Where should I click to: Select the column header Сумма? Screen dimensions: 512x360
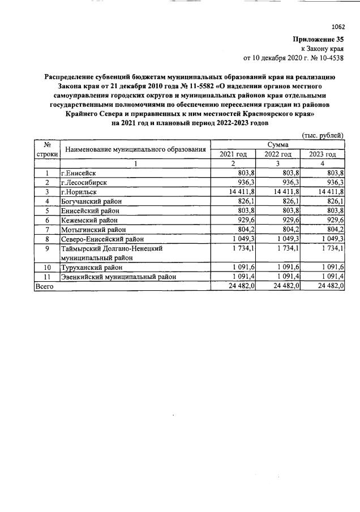(277, 145)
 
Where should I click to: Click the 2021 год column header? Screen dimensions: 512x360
(233, 154)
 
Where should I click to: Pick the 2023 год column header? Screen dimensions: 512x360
(322, 154)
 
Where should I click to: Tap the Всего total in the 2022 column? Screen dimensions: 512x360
(286, 287)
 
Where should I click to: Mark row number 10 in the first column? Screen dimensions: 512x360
(47, 267)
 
